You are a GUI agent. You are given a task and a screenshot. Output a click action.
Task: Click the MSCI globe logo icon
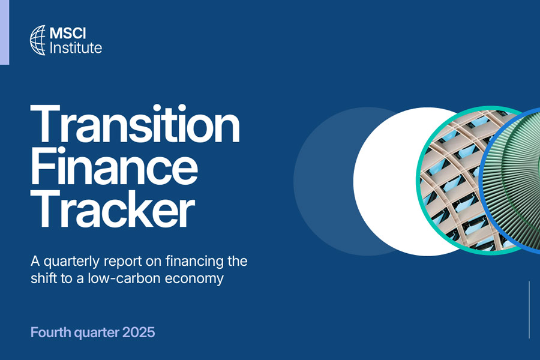38,40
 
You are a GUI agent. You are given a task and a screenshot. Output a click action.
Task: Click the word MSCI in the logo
67,33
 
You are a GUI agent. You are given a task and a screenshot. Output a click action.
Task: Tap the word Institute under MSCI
76,47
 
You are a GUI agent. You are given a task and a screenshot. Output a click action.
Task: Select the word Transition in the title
135,124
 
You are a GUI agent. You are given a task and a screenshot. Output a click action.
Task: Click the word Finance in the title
114,166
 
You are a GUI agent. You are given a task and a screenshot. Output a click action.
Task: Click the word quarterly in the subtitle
71,262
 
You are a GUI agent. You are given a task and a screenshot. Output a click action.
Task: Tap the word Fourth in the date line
50,332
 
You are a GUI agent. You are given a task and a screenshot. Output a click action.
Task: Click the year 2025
139,332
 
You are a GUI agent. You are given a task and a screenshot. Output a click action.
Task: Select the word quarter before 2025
97,333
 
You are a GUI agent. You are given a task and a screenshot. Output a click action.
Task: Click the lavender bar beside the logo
4,32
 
